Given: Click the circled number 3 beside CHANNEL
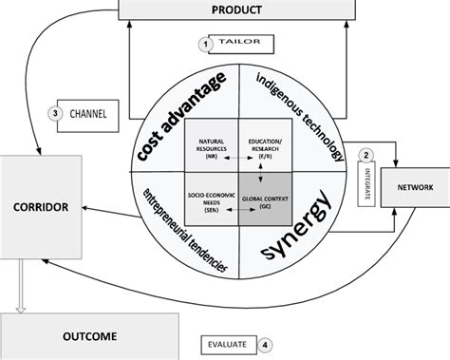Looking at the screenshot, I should click(x=56, y=113).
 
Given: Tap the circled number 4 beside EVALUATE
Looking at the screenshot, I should click(x=266, y=346).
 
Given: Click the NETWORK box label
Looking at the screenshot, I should click(x=414, y=188).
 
